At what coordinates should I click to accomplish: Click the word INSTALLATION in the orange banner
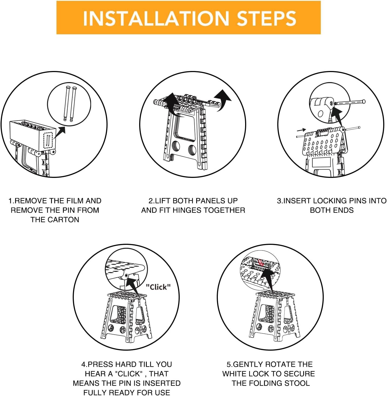pyautogui.click(x=156, y=18)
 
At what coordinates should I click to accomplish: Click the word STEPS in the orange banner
pyautogui.click(x=266, y=18)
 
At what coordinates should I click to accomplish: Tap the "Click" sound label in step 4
pyautogui.click(x=158, y=287)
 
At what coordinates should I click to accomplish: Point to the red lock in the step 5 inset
pyautogui.click(x=261, y=263)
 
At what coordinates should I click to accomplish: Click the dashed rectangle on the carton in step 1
pyautogui.click(x=48, y=141)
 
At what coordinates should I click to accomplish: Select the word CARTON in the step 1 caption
pyautogui.click(x=63, y=219)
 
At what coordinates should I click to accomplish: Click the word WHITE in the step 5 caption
pyautogui.click(x=234, y=374)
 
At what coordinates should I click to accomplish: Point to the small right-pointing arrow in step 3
pyautogui.click(x=301, y=130)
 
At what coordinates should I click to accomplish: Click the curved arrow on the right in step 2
pyautogui.click(x=223, y=100)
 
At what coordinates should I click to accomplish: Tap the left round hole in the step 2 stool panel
pyautogui.click(x=176, y=146)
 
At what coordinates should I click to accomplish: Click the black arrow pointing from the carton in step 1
pyautogui.click(x=60, y=132)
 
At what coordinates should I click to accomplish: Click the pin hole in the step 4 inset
pyautogui.click(x=126, y=275)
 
